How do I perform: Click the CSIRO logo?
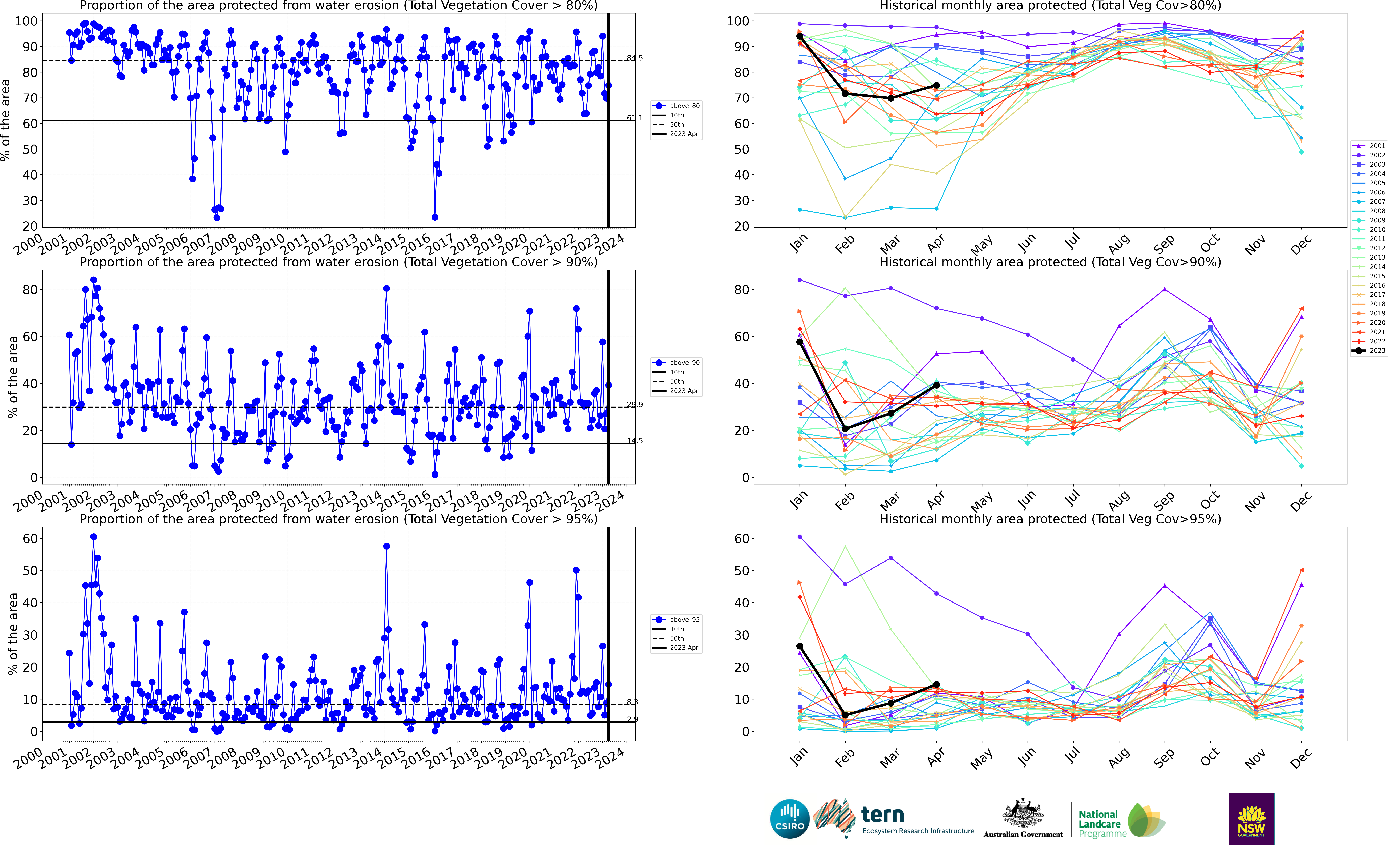pyautogui.click(x=790, y=818)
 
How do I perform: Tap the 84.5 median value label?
pyautogui.click(x=634, y=58)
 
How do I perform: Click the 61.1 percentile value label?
pyautogui.click(x=634, y=118)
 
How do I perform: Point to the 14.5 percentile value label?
pyautogui.click(x=634, y=440)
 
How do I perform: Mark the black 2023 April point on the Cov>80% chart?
pyautogui.click(x=936, y=85)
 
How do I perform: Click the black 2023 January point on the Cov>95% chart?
pyautogui.click(x=800, y=646)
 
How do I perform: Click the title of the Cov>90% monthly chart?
pyautogui.click(x=1050, y=262)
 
